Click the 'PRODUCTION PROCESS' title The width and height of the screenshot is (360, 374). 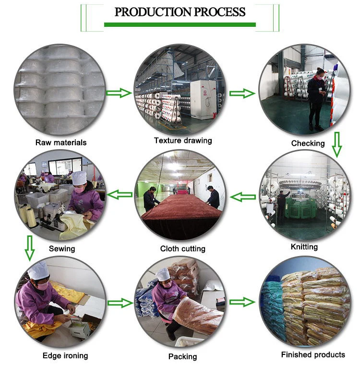[x=180, y=12]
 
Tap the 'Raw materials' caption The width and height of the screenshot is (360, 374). [x=61, y=142]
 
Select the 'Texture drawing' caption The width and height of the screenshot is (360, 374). [x=182, y=140]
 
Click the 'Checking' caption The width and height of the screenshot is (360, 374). [x=308, y=143]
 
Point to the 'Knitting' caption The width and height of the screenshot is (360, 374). [x=304, y=247]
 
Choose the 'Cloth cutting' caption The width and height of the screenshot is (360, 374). [x=182, y=249]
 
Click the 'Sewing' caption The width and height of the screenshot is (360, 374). [x=62, y=249]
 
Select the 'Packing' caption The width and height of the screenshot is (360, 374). [x=182, y=356]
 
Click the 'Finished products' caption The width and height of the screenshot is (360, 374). [x=312, y=355]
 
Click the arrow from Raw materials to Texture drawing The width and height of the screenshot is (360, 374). [x=119, y=93]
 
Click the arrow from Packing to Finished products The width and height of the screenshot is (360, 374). [x=242, y=302]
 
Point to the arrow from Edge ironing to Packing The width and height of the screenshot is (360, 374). [x=120, y=303]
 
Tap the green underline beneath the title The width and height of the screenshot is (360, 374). [x=180, y=24]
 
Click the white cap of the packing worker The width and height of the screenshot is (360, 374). [x=164, y=274]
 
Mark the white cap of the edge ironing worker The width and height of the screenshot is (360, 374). [x=38, y=270]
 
